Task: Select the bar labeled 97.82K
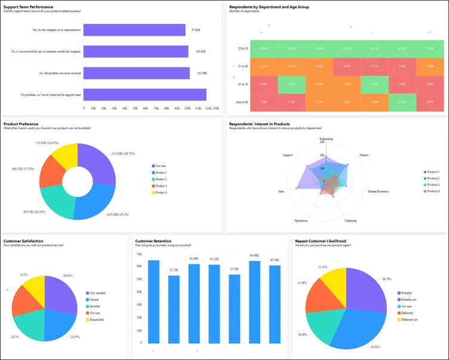pyautogui.click(x=134, y=30)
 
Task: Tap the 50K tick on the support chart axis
pyautogui.click(x=134, y=109)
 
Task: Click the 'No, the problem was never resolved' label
pyautogui.click(x=57, y=73)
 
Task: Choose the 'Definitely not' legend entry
pyautogui.click(x=412, y=319)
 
